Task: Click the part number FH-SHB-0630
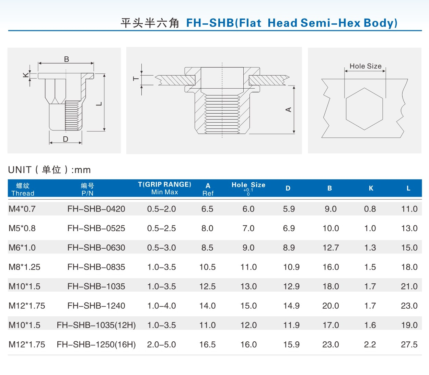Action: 96,248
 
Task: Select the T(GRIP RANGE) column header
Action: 165,184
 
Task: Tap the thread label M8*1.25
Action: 24,267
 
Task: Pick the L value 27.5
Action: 409,344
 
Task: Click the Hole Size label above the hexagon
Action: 366,66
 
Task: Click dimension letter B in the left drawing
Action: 67,59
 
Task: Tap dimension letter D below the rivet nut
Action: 66,139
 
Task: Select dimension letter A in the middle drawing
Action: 289,110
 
